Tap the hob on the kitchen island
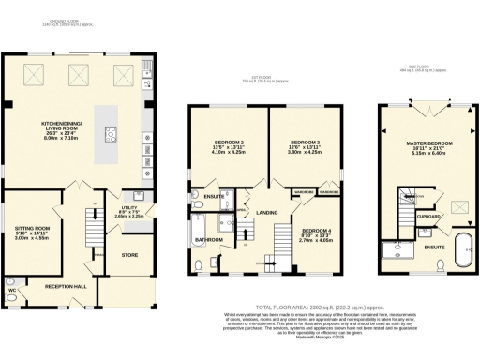[112, 133]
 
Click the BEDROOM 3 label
[306, 144]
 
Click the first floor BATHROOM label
[208, 240]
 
